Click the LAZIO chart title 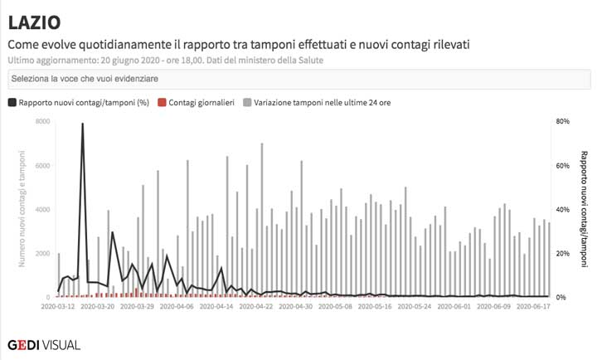(x=34, y=22)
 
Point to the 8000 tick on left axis (x=43, y=121)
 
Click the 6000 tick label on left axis (x=43, y=165)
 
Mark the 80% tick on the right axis (x=561, y=121)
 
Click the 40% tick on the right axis (x=561, y=209)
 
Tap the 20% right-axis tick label (x=561, y=253)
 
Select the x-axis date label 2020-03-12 (x=59, y=306)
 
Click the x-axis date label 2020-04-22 (x=256, y=306)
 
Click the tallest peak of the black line (x=83, y=124)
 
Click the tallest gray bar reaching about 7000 (x=262, y=145)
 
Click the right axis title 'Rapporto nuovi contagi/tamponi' (x=584, y=209)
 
